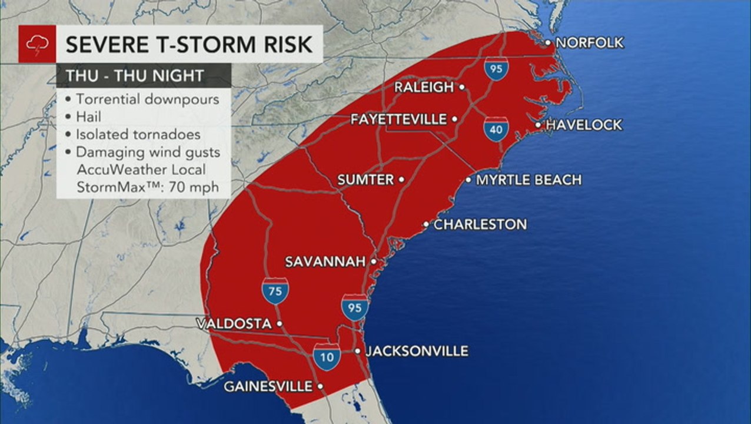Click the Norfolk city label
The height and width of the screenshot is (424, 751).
click(x=589, y=43)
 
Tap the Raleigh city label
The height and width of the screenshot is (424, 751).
click(x=424, y=87)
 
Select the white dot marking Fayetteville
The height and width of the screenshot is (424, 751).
click(x=455, y=120)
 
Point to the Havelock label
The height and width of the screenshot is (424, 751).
click(x=584, y=125)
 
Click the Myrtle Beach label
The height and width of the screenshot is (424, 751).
click(x=529, y=180)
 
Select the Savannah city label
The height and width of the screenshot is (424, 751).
click(x=325, y=261)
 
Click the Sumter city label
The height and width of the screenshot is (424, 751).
click(x=365, y=180)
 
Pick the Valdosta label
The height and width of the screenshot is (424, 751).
click(x=234, y=324)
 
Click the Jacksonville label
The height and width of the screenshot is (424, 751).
click(x=417, y=352)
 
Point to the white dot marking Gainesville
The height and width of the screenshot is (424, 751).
click(x=320, y=387)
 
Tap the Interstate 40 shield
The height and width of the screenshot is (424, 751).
click(x=496, y=129)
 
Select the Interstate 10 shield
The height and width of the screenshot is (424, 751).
click(x=326, y=357)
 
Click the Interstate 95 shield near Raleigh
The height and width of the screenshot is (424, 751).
click(x=497, y=68)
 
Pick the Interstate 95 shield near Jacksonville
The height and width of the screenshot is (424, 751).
click(x=354, y=308)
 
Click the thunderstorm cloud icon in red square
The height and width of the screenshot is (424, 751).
click(x=37, y=44)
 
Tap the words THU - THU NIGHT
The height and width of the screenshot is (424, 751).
click(x=135, y=75)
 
